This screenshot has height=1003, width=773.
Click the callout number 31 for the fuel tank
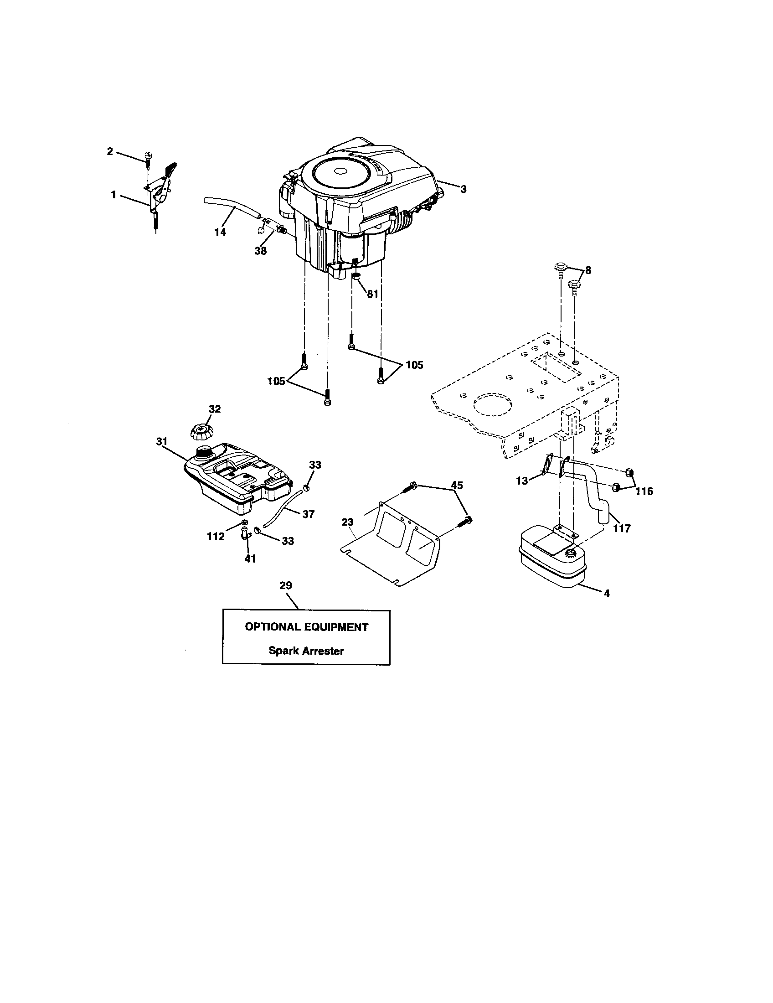162,441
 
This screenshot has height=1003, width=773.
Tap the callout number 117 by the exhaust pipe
622,528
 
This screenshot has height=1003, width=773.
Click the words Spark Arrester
306,651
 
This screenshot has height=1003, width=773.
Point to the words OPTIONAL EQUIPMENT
306,627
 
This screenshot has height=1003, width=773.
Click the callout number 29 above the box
285,585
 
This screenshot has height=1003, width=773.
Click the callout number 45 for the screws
457,486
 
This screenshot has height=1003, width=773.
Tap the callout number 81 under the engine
372,294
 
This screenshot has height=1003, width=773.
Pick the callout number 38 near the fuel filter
260,251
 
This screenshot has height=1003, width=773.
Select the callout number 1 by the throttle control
113,195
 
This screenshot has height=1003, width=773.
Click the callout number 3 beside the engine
464,189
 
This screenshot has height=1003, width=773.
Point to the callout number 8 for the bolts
588,270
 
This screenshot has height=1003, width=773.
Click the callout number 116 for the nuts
644,491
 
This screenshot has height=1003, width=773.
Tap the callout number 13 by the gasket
522,481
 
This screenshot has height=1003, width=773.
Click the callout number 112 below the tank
216,536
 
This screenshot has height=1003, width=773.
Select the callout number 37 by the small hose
309,514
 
